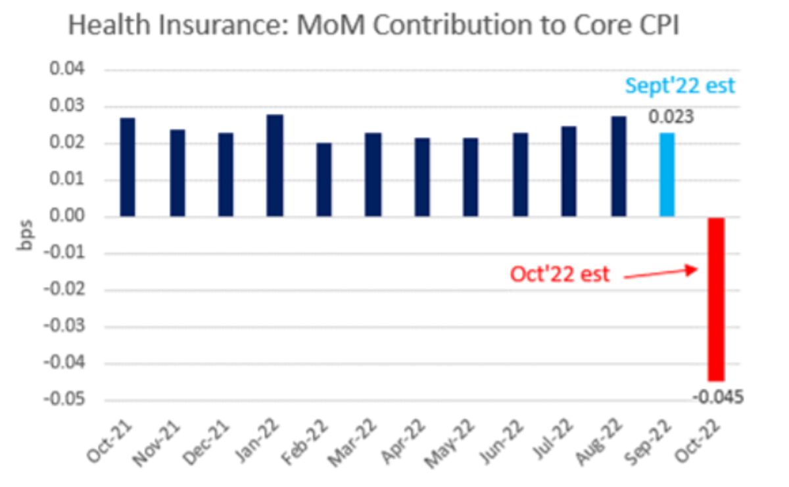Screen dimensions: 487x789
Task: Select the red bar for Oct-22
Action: click(x=715, y=299)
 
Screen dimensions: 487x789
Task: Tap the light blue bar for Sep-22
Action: click(x=667, y=175)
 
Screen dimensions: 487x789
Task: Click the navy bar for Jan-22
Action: click(x=275, y=166)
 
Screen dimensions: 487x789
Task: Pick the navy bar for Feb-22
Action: click(x=323, y=179)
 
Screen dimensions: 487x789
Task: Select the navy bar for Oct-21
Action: click(x=128, y=167)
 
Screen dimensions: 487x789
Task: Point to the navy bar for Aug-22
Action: click(x=618, y=166)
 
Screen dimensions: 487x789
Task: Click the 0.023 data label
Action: click(x=671, y=118)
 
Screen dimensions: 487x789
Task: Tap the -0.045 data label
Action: click(x=718, y=396)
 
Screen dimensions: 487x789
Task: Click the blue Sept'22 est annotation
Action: click(x=680, y=86)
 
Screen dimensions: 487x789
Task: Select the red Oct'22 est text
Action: click(x=560, y=274)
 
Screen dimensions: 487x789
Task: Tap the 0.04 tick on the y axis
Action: click(x=73, y=70)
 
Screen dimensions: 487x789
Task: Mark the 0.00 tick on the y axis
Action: click(x=73, y=217)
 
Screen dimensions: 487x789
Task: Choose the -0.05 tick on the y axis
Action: click(x=70, y=400)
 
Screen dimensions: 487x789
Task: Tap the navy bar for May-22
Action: click(x=470, y=177)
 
